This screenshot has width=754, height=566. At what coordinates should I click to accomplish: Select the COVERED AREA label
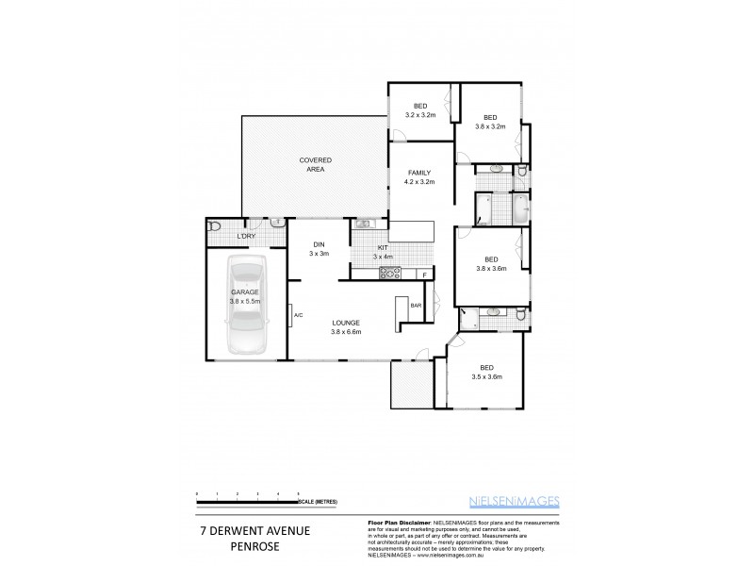point(315,164)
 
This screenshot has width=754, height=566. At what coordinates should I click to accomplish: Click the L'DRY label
point(247,235)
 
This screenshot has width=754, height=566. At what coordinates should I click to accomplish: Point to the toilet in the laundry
point(215,226)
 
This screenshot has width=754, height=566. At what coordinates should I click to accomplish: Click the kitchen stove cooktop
point(390,274)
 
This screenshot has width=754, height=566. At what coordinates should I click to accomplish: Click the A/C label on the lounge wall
point(297,314)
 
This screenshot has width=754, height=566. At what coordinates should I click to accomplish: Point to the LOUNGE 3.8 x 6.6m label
point(346,327)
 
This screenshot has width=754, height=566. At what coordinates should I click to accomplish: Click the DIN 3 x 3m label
point(318,250)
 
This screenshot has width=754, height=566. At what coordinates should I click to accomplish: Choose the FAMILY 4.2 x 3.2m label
point(419,176)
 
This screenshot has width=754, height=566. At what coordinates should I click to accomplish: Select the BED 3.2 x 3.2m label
point(419,109)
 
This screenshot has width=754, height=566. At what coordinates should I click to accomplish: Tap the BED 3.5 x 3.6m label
point(486,372)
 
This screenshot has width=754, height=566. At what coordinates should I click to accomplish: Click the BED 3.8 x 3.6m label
point(491,264)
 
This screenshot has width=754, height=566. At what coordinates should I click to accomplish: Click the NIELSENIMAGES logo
point(520,502)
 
